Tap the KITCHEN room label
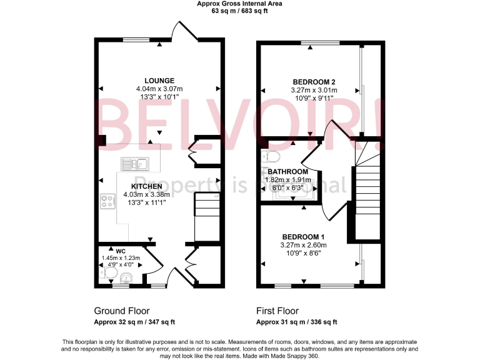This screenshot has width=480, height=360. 147,186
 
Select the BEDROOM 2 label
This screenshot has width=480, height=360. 314,82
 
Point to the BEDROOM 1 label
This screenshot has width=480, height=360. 303,236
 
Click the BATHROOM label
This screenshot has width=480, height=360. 288,172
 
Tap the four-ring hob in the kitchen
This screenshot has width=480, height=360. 107,202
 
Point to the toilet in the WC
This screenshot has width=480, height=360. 102,272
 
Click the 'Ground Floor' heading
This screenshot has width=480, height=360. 117,311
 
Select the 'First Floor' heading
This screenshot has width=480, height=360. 277,311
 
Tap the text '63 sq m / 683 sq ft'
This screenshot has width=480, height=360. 239,11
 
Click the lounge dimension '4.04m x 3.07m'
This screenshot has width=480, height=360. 159,89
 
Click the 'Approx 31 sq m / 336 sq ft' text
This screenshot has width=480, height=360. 296,322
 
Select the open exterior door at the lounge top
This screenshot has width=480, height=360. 186,32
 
